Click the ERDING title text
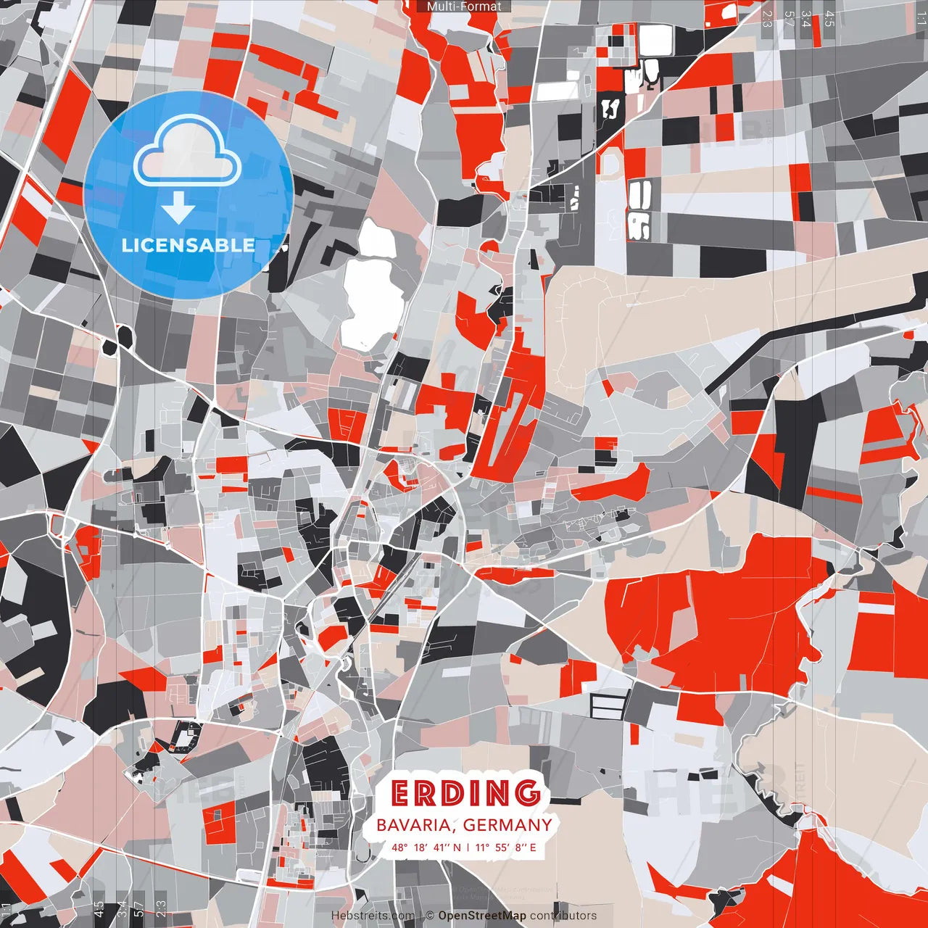pyautogui.click(x=466, y=793)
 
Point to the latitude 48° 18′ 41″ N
pyautogui.click(x=426, y=847)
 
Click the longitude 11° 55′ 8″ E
pyautogui.click(x=506, y=847)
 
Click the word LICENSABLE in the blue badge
pyautogui.click(x=188, y=245)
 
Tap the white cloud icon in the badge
pyautogui.click(x=188, y=152)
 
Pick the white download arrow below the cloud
pyautogui.click(x=178, y=209)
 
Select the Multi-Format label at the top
pyautogui.click(x=464, y=7)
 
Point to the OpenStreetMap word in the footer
pyautogui.click(x=482, y=916)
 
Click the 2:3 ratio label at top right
pyautogui.click(x=766, y=18)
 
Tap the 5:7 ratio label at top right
pyautogui.click(x=789, y=18)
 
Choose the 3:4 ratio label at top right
pyautogui.click(x=806, y=18)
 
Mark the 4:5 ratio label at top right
pyautogui.click(x=829, y=18)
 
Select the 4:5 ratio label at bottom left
pyautogui.click(x=99, y=909)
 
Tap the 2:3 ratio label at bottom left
pyautogui.click(x=161, y=909)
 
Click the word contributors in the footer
pyautogui.click(x=563, y=916)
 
